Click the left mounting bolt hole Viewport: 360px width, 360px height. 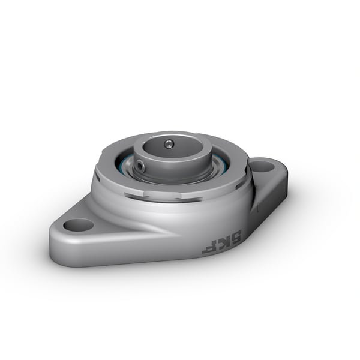pos(79,225)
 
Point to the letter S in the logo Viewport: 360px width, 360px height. pos(232,233)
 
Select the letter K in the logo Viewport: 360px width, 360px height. pos(220,241)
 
